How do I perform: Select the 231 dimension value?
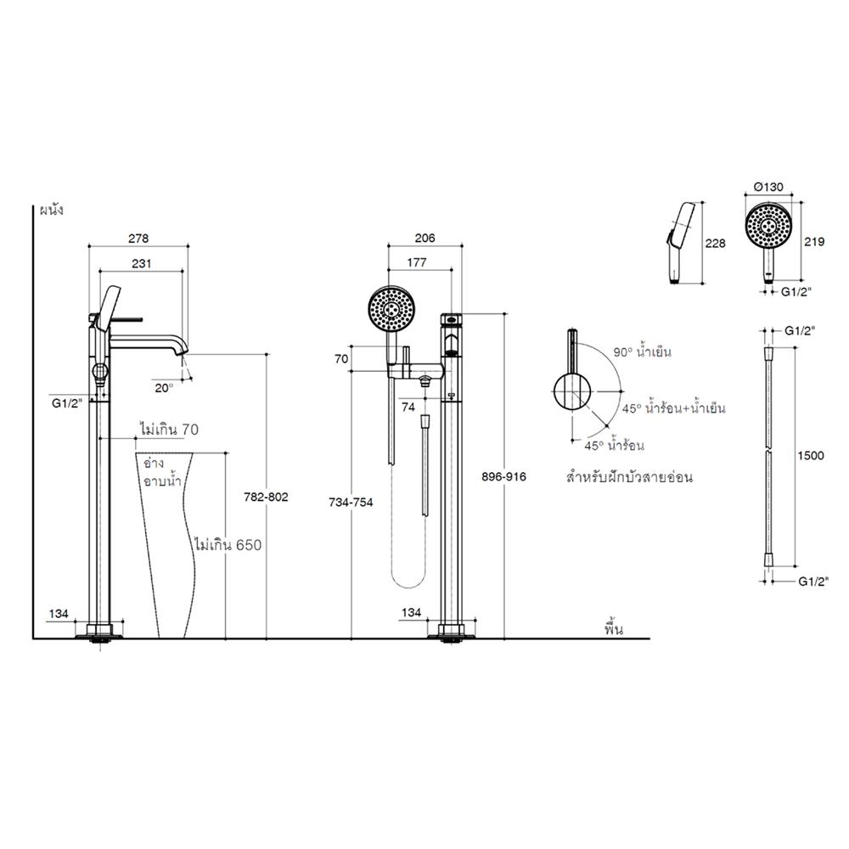coord(141,265)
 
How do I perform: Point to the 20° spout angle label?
coord(162,386)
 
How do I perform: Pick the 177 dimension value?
coord(418,265)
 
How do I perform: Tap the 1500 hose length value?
coord(812,456)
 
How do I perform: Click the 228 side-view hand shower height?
coord(717,244)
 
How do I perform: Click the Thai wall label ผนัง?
coord(52,208)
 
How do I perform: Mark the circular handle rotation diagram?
coord(572,392)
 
